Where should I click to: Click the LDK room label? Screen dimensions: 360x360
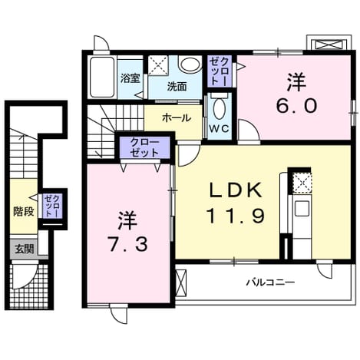[236, 190]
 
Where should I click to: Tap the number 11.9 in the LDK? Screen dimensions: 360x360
[236, 216]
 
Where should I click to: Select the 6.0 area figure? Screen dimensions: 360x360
[296, 106]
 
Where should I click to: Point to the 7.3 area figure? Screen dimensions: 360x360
[127, 244]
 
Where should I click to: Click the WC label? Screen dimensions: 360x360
[219, 129]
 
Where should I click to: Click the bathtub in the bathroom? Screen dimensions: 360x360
[102, 77]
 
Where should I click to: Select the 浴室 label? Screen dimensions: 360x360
[130, 78]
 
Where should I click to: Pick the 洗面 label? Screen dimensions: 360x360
[177, 87]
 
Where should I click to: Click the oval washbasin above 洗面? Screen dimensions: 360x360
[190, 64]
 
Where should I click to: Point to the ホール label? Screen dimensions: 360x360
[177, 118]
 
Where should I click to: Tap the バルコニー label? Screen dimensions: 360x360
[271, 282]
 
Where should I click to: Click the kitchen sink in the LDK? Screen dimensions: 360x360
[302, 208]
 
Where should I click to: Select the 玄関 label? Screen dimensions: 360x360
[25, 249]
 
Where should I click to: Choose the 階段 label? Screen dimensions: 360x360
[24, 211]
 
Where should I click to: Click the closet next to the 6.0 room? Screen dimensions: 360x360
[220, 71]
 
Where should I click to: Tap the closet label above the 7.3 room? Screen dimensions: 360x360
[144, 147]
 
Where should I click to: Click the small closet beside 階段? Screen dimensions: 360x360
[52, 206]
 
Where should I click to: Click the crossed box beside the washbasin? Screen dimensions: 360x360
[158, 65]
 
